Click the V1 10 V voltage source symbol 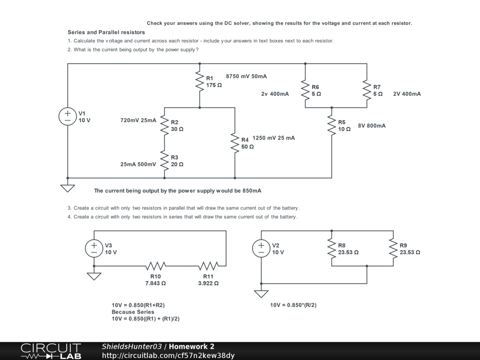coord(67,116)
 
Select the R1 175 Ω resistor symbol coord(200,82)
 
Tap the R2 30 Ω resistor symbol coord(165,125)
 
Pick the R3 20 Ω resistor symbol coord(165,160)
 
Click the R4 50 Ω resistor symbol coord(235,143)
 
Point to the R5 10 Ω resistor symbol coord(332,126)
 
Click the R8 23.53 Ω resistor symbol coord(332,248)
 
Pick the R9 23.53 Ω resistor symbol coord(393,248)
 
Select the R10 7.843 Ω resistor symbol coord(156,266)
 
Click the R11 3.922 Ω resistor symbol coord(208,266)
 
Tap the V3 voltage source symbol coord(94,248)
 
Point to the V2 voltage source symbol coord(261,248)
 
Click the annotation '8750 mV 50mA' coord(246,76)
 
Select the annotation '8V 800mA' coord(372,126)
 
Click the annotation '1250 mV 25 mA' coord(273,138)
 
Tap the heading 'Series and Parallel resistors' coord(106,32)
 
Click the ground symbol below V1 coord(67,188)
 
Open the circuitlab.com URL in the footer coord(168,355)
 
